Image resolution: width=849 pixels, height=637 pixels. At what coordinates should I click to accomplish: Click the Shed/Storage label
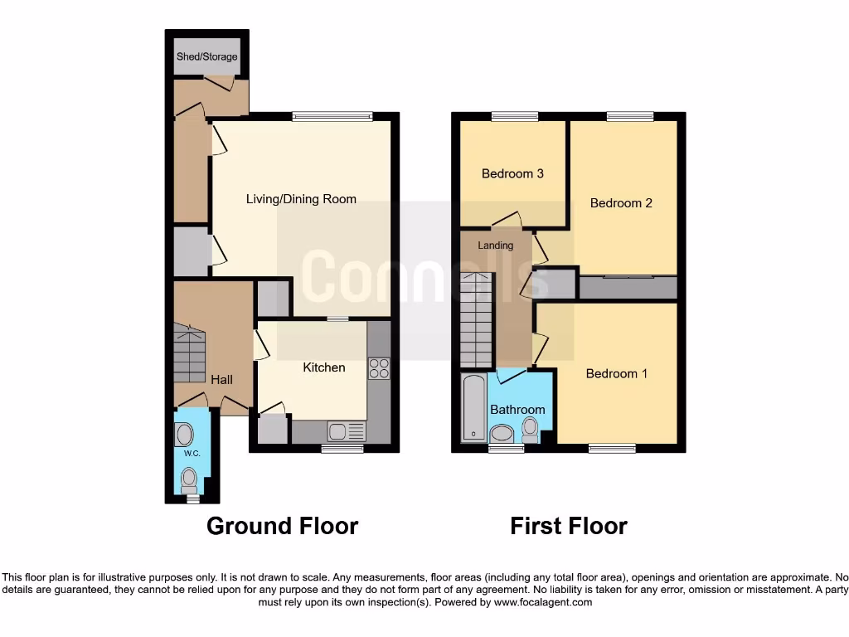[x=206, y=57]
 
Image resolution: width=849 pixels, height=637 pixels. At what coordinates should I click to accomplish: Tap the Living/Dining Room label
[x=301, y=199]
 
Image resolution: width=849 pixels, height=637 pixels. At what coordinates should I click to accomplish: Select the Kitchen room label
[x=323, y=367]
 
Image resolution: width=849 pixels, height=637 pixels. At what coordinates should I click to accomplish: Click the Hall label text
[x=221, y=380]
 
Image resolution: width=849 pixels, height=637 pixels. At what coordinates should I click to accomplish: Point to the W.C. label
[x=192, y=454]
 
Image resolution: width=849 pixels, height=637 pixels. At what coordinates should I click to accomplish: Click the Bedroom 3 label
[x=512, y=174]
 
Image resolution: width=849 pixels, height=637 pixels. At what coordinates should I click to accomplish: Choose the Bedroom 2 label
[x=621, y=203]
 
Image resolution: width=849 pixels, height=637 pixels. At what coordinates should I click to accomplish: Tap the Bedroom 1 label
[x=617, y=374]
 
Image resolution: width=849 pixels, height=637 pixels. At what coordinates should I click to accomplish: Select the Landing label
[x=495, y=246]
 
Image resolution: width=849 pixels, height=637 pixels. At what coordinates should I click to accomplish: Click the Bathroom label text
[x=517, y=410]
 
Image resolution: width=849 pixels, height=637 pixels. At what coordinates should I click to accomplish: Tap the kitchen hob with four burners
[x=379, y=368]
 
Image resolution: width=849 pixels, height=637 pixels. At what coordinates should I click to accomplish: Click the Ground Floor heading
[x=282, y=526]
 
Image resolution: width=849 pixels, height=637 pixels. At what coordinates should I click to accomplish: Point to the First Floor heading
[x=568, y=526]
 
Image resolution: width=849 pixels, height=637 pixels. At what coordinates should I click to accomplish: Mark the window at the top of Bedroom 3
[x=514, y=117]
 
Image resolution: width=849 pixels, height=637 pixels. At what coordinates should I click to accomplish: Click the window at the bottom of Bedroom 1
[x=612, y=449]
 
